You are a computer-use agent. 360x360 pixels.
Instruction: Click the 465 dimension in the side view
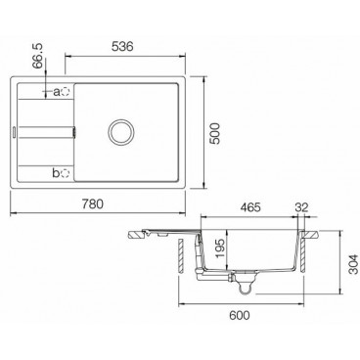pos(251,209)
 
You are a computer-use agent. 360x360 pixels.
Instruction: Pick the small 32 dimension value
pos(303,209)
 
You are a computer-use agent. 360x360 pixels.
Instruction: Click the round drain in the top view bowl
pos(124,131)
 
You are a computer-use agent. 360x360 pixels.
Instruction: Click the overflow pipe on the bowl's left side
pos(201,259)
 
